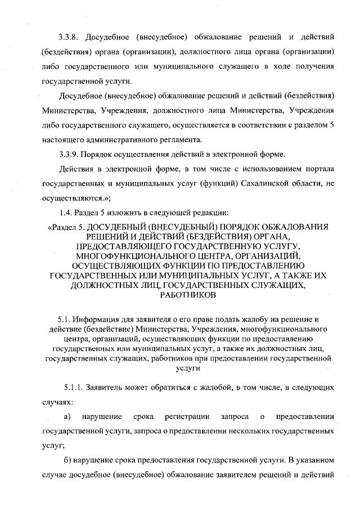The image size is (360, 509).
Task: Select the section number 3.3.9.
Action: point(70,154)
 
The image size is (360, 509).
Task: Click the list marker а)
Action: point(67,417)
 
